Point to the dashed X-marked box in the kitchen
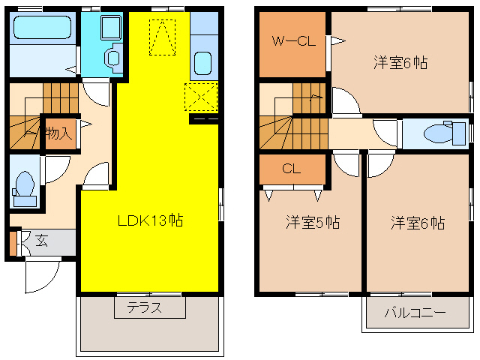(200, 98)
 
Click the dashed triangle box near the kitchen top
(161, 37)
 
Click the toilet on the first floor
(25, 184)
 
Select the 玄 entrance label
(42, 241)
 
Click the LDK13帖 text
(150, 221)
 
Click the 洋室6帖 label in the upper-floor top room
(400, 63)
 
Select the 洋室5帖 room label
(312, 223)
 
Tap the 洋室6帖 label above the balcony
(417, 223)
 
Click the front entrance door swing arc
(41, 277)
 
